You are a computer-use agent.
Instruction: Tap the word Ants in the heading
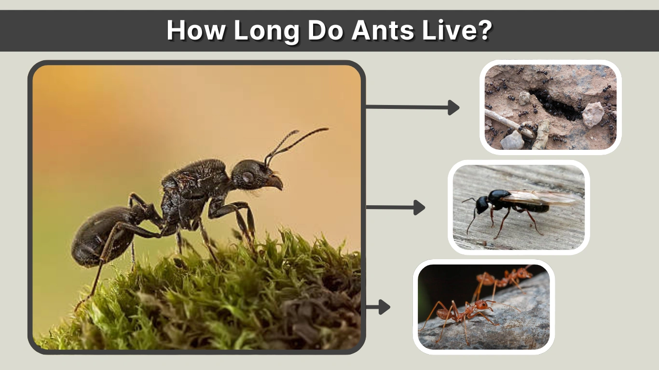(383, 30)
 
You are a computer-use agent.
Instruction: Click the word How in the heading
(195, 30)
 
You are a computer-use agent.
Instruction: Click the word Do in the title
(325, 30)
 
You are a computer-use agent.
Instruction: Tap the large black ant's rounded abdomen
(99, 236)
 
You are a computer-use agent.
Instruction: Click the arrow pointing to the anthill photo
(412, 107)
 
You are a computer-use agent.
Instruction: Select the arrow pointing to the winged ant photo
(396, 208)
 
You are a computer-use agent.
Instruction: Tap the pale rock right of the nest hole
(593, 114)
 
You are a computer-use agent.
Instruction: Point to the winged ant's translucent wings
(540, 198)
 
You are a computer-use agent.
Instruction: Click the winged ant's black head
(482, 204)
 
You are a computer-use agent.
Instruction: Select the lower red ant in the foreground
(463, 313)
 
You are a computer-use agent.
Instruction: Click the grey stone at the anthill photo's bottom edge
(512, 141)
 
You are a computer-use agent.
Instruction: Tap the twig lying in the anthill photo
(504, 121)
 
